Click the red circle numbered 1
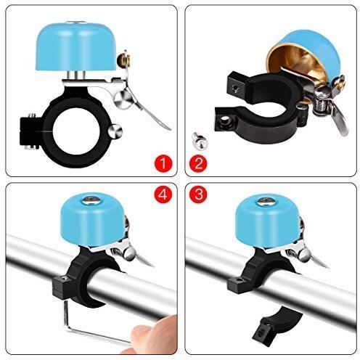point(163,163)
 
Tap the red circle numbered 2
point(198,163)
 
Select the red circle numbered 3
point(198,194)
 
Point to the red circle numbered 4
point(163,194)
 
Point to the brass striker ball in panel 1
point(123,60)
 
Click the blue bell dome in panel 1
point(77,46)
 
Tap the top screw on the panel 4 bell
point(91,199)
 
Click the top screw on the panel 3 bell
point(266,201)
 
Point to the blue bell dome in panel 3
point(268,221)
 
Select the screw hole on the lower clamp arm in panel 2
point(225,119)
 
